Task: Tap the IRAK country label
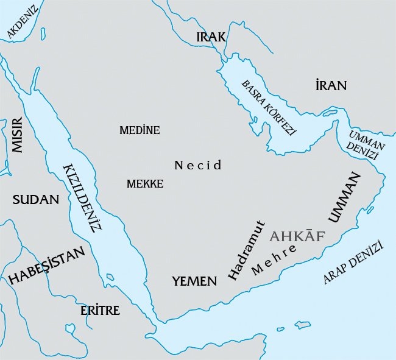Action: [x=211, y=37]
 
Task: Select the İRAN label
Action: [x=331, y=85]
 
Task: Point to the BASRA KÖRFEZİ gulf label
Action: [x=268, y=107]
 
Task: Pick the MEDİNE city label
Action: [x=140, y=130]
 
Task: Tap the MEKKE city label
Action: [x=145, y=183]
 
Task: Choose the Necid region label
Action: [x=198, y=165]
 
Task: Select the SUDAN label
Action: [x=36, y=199]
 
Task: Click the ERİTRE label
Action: [x=100, y=311]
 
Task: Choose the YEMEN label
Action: [x=194, y=281]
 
